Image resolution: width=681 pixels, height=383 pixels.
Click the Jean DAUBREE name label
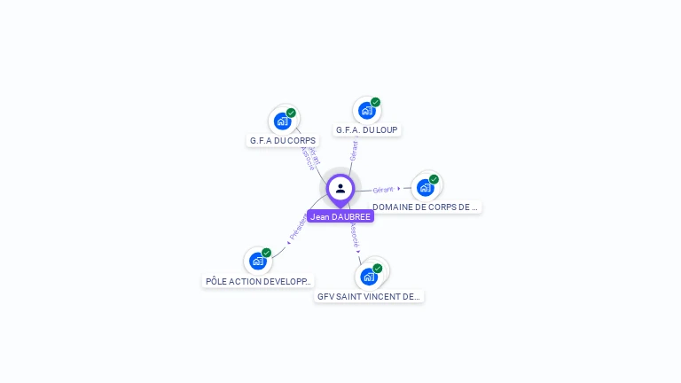[340, 216]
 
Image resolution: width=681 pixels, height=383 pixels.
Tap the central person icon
[340, 188]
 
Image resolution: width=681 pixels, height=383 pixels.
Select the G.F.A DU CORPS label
[283, 140]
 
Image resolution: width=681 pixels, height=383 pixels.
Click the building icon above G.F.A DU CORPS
[282, 121]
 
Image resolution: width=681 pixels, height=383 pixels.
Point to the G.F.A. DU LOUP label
[367, 129]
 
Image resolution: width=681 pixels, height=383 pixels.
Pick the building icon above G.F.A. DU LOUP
[366, 111]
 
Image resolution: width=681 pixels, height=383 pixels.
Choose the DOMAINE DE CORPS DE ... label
[425, 207]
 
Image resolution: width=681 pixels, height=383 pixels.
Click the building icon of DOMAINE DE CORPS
[425, 187]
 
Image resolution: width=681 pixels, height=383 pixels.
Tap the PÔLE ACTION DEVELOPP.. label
[258, 281]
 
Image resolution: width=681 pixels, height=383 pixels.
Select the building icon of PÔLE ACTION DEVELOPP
[257, 261]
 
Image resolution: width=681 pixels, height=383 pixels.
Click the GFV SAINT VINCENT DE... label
[369, 296]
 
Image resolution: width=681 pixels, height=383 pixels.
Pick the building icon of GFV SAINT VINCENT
[369, 277]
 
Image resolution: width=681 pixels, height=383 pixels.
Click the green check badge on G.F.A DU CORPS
[291, 113]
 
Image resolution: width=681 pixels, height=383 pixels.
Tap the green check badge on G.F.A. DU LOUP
[375, 103]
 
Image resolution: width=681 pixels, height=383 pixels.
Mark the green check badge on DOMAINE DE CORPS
[434, 179]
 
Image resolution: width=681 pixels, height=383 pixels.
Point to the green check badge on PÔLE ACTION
[266, 253]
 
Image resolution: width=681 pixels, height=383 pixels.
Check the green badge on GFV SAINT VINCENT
[378, 269]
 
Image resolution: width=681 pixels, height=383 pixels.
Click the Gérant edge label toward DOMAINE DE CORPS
[383, 190]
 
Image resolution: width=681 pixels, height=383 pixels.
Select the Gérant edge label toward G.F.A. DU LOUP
[354, 151]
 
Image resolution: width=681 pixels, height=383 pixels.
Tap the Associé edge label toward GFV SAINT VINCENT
[353, 235]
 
